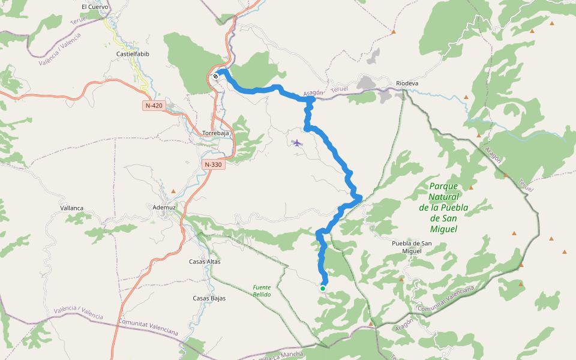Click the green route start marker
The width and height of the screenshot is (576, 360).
[322, 289]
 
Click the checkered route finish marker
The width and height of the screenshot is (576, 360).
[215, 76]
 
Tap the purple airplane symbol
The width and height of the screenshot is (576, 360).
[297, 143]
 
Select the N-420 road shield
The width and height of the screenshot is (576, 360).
[154, 106]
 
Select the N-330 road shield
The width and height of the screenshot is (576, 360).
[214, 164]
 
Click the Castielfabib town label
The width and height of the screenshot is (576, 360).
[133, 54]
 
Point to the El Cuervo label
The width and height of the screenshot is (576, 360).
[95, 7]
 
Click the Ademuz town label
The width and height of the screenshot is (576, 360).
[164, 208]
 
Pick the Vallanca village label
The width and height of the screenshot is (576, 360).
[72, 208]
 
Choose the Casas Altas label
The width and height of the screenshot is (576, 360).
[205, 262]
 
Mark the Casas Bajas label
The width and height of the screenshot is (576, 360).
[209, 298]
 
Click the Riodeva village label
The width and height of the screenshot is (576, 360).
[407, 83]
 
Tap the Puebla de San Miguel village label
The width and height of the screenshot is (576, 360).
[412, 247]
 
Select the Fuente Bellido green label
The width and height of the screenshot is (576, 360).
[262, 291]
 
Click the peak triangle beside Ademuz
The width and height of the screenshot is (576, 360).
[173, 191]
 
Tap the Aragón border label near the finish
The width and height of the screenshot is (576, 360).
[313, 93]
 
